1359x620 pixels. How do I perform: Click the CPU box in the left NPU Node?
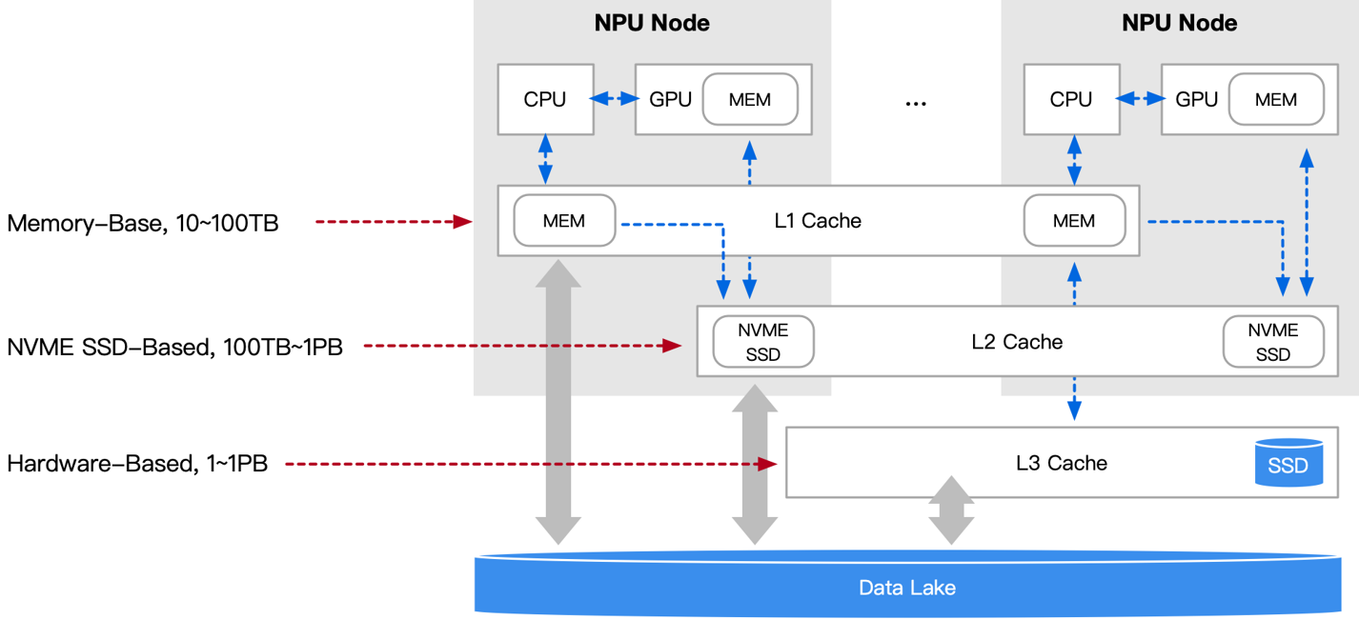point(545,99)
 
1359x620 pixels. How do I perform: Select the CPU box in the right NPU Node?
point(1070,99)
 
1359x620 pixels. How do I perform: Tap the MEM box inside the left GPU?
point(750,99)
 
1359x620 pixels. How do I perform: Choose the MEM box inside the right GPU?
point(1276,99)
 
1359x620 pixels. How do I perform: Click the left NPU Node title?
point(652,23)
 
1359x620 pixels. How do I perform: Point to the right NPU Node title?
point(1179,23)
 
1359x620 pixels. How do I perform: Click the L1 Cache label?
point(818,221)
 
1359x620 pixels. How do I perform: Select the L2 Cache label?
point(1017,341)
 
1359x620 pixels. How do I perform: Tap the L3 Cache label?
point(1062,463)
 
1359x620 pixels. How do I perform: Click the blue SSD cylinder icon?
point(1288,464)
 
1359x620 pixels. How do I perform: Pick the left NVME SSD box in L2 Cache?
point(763,342)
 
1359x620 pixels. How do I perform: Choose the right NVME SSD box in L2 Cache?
point(1273,342)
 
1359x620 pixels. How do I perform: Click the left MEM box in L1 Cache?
point(564,221)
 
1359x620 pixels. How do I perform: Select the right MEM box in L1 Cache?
point(1074,221)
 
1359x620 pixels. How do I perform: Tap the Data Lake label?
point(906,588)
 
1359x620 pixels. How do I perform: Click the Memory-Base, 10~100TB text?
point(143,224)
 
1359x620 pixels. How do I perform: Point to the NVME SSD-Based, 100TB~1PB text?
point(174,347)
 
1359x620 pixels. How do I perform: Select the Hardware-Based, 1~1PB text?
point(137,465)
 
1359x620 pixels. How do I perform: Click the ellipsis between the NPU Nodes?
point(915,102)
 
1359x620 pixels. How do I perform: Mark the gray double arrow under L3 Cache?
point(952,510)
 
